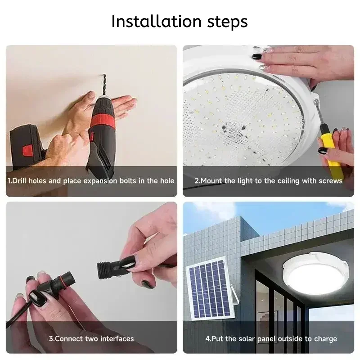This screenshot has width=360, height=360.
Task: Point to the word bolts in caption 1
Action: [x=119, y=181]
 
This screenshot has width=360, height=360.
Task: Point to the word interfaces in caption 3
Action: [x=117, y=338]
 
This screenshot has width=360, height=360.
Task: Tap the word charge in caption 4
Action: [x=326, y=338]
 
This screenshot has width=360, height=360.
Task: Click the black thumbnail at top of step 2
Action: [x=257, y=57]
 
